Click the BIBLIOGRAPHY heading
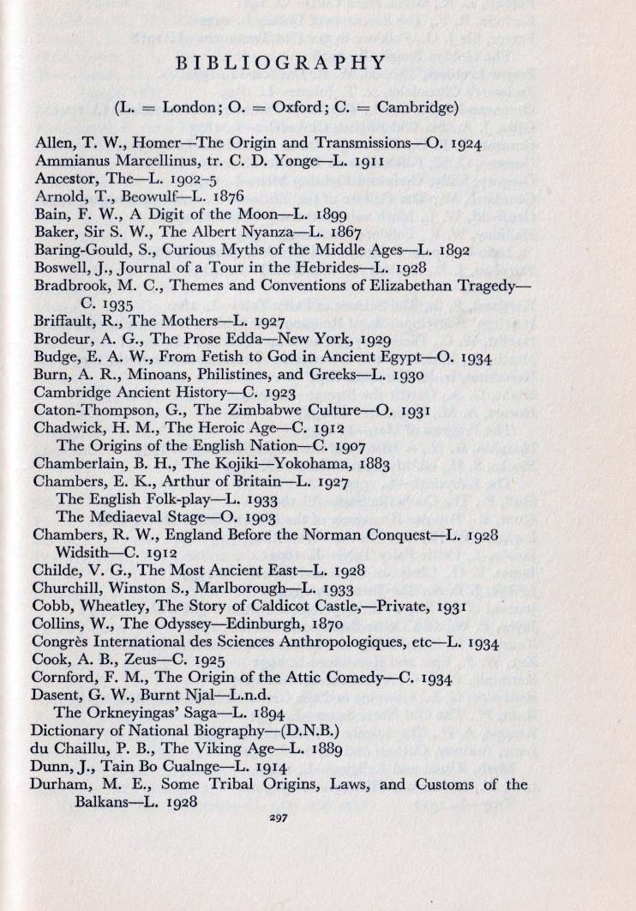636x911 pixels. click(x=280, y=63)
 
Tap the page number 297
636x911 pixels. click(x=277, y=818)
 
